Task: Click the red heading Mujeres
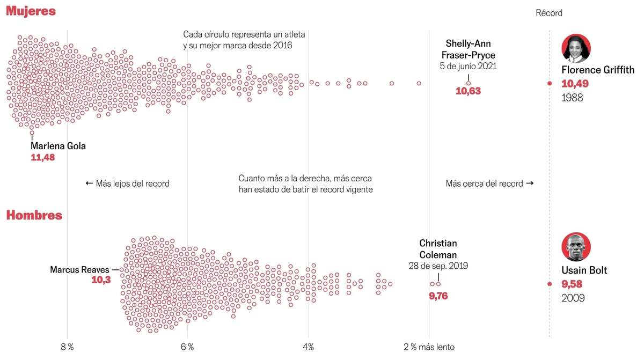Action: coord(31,11)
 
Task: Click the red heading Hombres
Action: coord(34,215)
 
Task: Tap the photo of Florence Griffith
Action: coord(576,49)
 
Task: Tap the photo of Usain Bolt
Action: coord(576,247)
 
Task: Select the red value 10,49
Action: coord(575,84)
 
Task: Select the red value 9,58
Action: coord(572,284)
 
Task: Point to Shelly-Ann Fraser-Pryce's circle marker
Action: coord(469,83)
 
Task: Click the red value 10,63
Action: coord(468,91)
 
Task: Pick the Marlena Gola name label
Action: coord(58,146)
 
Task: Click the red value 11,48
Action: coord(43,158)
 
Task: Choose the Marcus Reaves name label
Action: coord(79,270)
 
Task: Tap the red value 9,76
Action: coord(438,296)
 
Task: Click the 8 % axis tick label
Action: coord(67,347)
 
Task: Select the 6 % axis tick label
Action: coord(187,347)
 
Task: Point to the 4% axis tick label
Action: coord(308,347)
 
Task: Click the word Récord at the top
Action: coord(549,13)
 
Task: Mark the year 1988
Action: coord(572,98)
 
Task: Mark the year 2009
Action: coord(573,298)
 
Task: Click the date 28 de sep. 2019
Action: coord(438,266)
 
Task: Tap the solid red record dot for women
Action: coord(550,83)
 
